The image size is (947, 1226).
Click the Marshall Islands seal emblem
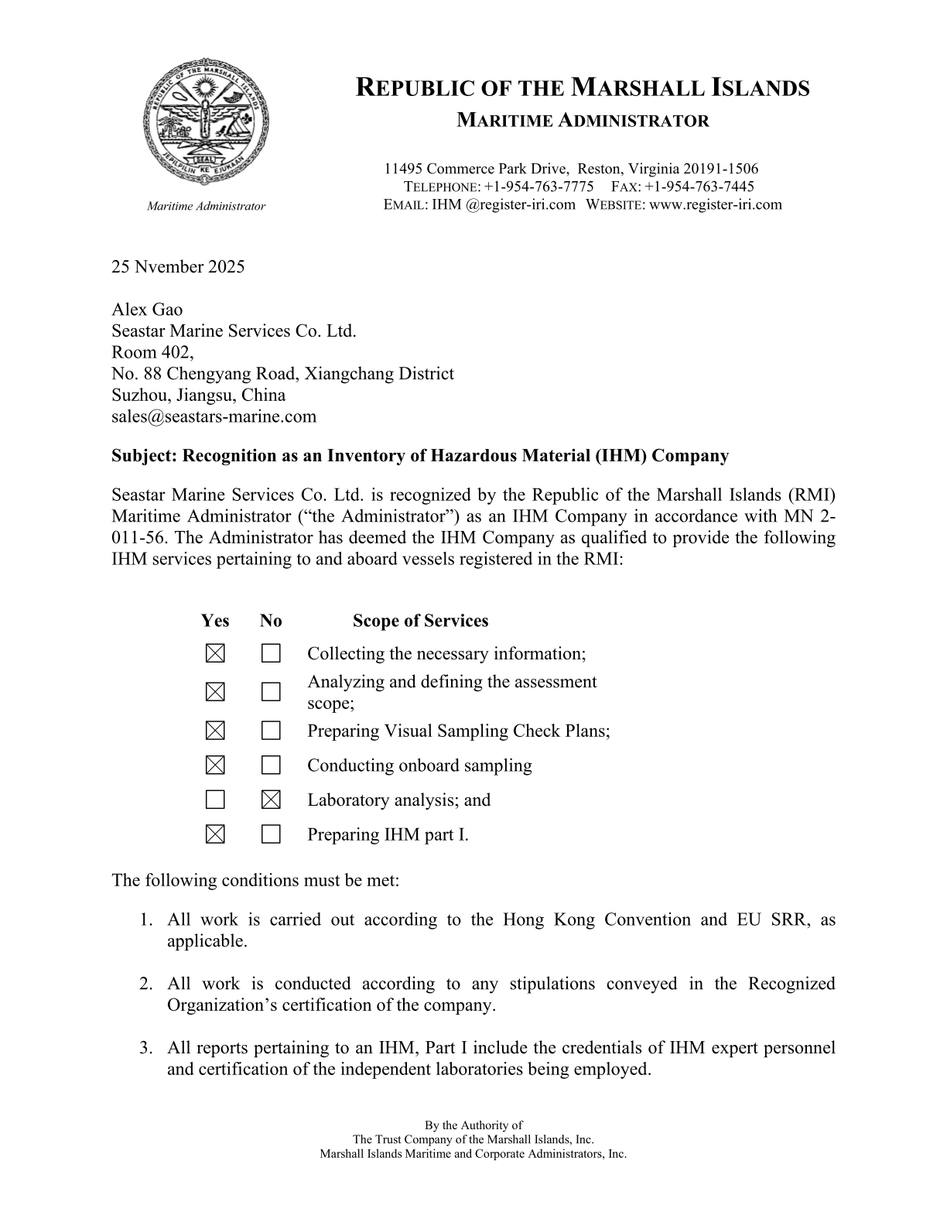click(206, 122)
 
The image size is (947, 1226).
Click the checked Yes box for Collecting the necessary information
click(215, 654)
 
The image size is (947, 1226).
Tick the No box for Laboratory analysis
click(271, 800)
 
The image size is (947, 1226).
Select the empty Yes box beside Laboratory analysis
click(215, 800)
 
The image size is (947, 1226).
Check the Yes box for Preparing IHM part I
click(215, 834)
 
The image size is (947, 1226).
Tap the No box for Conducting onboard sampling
click(271, 765)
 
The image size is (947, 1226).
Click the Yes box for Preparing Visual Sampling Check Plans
click(215, 731)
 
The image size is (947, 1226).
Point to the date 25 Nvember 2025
click(178, 267)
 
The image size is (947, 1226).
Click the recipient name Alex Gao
click(147, 310)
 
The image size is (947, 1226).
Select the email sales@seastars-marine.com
click(214, 416)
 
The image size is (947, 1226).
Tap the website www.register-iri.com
click(716, 204)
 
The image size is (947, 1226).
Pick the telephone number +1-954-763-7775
click(538, 187)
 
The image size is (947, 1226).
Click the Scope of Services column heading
click(420, 621)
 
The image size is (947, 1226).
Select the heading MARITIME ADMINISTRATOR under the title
click(583, 121)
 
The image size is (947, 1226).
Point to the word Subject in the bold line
click(143, 455)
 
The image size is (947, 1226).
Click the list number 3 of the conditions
click(145, 1048)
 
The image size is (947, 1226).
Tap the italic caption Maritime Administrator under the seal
click(206, 206)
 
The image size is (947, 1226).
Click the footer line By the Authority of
click(473, 1125)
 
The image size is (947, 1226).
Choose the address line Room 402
click(152, 352)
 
